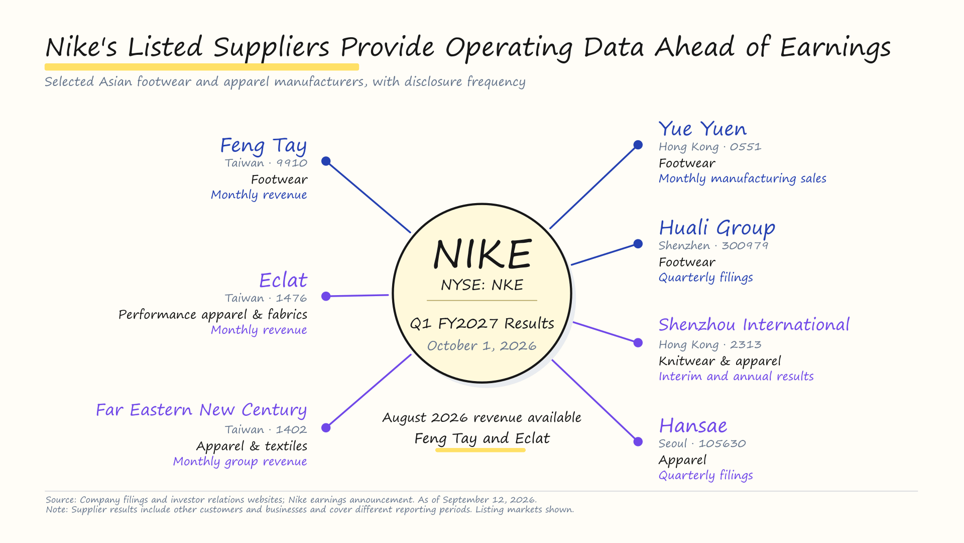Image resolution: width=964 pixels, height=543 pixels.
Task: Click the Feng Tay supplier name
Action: pyautogui.click(x=264, y=146)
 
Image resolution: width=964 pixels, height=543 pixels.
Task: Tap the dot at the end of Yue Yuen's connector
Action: pyautogui.click(x=638, y=145)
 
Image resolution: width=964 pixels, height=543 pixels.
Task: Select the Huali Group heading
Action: pyautogui.click(x=717, y=228)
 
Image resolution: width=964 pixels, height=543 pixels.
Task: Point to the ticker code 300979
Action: pyautogui.click(x=745, y=245)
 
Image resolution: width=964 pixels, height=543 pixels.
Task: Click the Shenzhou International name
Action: pyautogui.click(x=754, y=325)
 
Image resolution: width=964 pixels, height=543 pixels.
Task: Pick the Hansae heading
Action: pyautogui.click(x=693, y=426)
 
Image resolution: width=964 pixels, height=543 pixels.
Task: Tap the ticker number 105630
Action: pyautogui.click(x=722, y=443)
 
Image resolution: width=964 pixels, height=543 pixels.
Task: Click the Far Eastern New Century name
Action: pyautogui.click(x=201, y=410)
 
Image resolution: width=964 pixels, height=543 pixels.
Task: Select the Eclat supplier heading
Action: pyautogui.click(x=283, y=280)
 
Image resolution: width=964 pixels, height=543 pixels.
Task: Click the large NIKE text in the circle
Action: pyautogui.click(x=482, y=254)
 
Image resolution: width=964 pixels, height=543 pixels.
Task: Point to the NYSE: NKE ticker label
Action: pyautogui.click(x=482, y=285)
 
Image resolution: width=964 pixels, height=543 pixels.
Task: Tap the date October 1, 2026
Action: pyautogui.click(x=482, y=346)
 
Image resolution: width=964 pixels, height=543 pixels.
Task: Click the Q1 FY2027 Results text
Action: pyautogui.click(x=482, y=323)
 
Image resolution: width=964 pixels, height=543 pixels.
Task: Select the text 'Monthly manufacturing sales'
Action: pyautogui.click(x=743, y=178)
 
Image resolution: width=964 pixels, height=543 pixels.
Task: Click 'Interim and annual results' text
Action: pyautogui.click(x=736, y=377)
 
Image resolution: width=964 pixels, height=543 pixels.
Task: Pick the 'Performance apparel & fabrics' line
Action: pyautogui.click(x=213, y=315)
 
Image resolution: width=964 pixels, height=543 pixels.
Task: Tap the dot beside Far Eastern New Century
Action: pyautogui.click(x=326, y=428)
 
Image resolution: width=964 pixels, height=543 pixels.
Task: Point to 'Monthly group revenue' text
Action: pyautogui.click(x=240, y=462)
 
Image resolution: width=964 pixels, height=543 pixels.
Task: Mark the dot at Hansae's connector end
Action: pyautogui.click(x=638, y=441)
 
